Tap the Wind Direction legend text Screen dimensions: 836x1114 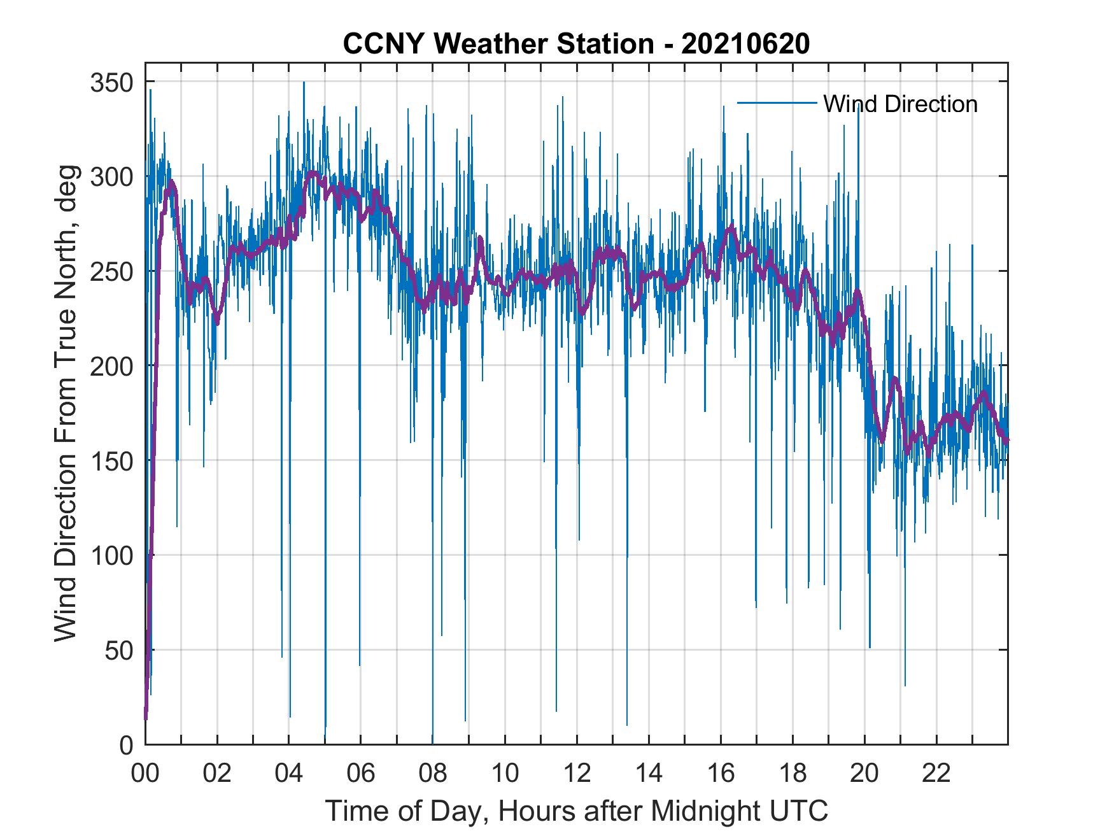[900, 104]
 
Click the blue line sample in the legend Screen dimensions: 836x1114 [777, 103]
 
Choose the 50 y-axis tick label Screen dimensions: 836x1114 [120, 651]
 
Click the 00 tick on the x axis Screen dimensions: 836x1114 [145, 774]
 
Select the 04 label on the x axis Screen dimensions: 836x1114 [289, 774]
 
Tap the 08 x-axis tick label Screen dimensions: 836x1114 [433, 774]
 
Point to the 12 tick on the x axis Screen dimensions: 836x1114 [577, 774]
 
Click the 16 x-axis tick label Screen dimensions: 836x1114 [721, 774]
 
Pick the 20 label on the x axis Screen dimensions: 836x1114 [864, 774]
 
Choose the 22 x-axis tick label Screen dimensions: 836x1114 [936, 774]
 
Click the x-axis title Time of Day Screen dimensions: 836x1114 [577, 811]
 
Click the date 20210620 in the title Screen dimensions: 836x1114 [745, 44]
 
